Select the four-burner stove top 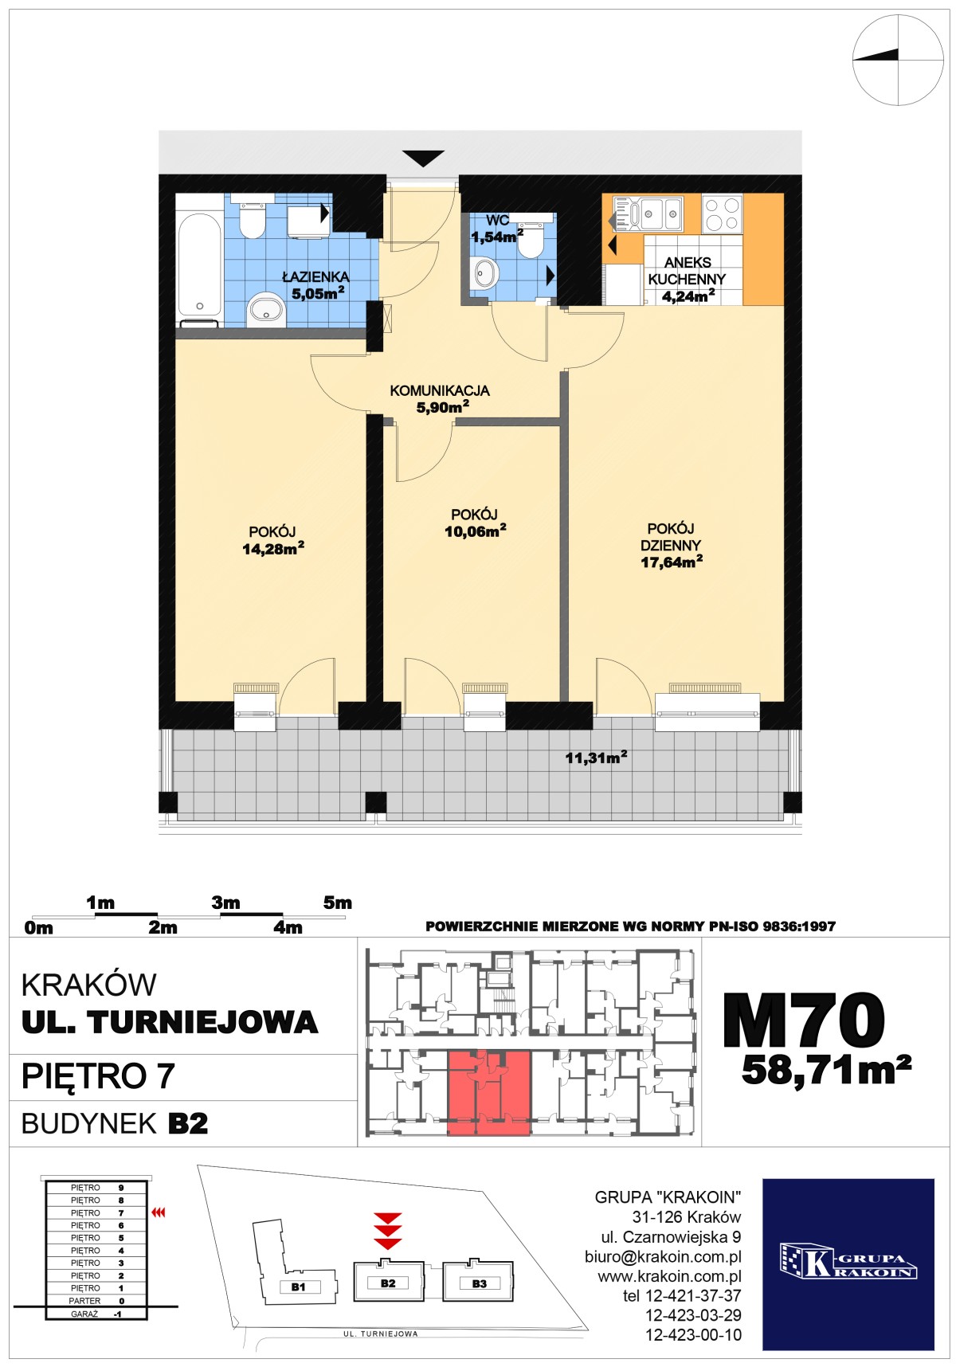[x=722, y=213]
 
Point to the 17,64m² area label [x=672, y=562]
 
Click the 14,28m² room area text [x=273, y=548]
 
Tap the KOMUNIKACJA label [x=440, y=390]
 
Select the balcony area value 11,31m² [x=597, y=758]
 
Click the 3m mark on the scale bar [x=225, y=903]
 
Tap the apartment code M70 [x=804, y=1020]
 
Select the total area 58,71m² [x=826, y=1070]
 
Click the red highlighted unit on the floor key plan [x=488, y=1092]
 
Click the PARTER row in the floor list [x=96, y=1301]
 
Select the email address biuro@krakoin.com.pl [x=663, y=1257]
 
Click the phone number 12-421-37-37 [x=682, y=1296]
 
